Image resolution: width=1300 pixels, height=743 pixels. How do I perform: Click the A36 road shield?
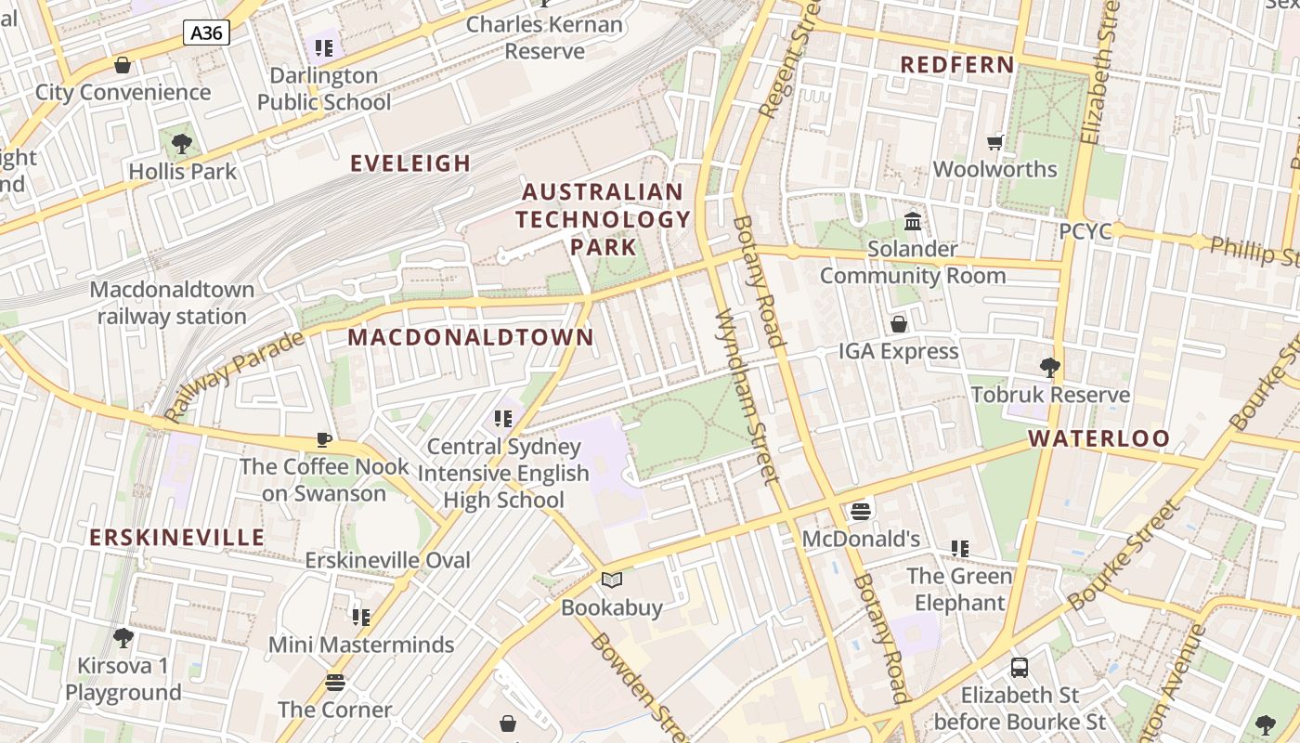point(206,33)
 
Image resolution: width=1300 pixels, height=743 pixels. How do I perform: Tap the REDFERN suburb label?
point(957,65)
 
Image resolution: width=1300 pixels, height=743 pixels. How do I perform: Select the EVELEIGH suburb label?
point(410,163)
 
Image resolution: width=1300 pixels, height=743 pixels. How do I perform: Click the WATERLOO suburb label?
point(1099,438)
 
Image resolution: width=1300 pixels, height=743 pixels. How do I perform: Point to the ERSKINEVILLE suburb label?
point(177,537)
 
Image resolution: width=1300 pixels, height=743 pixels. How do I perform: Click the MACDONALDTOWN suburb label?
point(471,337)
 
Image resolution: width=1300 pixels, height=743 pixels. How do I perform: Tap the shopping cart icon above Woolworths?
point(995,142)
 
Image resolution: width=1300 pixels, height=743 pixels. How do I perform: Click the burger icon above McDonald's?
point(861,512)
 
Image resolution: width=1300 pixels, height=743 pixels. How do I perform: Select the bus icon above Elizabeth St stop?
point(1020,667)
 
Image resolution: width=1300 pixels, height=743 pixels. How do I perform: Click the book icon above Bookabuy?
point(612,580)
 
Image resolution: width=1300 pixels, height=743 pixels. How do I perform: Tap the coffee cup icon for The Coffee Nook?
point(323,439)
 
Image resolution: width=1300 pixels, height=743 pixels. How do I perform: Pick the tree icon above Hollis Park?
point(182,144)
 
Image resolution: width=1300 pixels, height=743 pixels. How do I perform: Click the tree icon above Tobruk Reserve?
point(1050,368)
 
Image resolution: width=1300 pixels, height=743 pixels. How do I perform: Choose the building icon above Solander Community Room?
point(913,222)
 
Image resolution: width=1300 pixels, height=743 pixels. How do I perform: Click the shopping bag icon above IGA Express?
point(899,324)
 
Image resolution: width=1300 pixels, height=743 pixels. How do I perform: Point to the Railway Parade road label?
point(234,375)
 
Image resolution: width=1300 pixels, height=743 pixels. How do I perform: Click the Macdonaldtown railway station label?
point(172,303)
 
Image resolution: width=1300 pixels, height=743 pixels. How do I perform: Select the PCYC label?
point(1085,231)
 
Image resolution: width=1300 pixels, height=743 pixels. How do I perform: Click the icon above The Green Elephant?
point(960,549)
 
